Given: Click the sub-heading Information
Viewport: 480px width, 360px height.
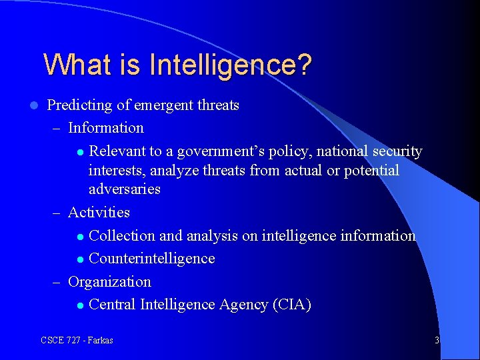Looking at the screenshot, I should click(x=106, y=128).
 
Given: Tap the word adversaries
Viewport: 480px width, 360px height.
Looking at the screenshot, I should click(x=125, y=189).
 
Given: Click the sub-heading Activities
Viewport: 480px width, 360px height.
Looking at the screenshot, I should click(x=99, y=213).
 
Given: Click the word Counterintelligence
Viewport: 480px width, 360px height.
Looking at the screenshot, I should click(x=152, y=259).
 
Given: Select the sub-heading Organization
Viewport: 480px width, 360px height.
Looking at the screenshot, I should click(x=110, y=282).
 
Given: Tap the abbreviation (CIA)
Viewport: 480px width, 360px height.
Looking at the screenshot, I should click(x=291, y=305).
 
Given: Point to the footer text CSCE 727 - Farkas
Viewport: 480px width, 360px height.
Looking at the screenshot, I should click(x=77, y=341).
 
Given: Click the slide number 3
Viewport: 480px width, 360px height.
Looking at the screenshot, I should click(x=437, y=341).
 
